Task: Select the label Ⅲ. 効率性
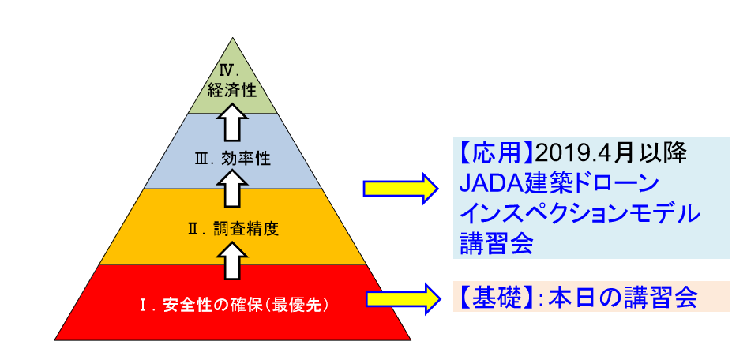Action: [x=232, y=159]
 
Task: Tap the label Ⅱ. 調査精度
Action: [x=233, y=230]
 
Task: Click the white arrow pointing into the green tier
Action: [x=232, y=122]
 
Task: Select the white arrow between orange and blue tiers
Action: [x=232, y=188]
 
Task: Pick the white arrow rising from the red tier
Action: [x=232, y=261]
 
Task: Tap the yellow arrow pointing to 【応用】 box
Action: [x=400, y=188]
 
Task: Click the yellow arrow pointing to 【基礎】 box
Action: [x=403, y=298]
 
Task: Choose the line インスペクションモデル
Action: [x=580, y=215]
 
